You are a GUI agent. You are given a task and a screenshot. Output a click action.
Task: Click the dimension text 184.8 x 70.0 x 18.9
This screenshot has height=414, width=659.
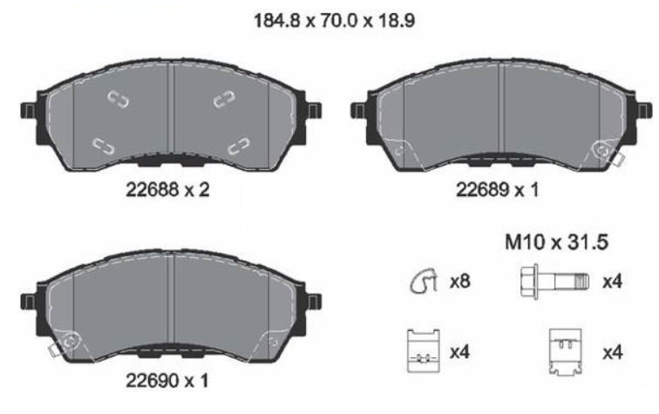pos(335,20)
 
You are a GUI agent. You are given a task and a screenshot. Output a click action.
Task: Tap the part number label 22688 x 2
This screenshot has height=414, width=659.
pos(167,190)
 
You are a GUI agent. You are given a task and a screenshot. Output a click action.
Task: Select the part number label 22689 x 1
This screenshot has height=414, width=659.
pos(497,190)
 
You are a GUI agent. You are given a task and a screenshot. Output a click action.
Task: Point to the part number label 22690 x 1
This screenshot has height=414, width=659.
pos(167,381)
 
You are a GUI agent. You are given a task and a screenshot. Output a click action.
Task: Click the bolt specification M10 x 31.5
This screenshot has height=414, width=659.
pos(556,242)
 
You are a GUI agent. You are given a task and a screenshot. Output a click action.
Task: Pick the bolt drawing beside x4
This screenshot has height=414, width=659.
pos(554,281)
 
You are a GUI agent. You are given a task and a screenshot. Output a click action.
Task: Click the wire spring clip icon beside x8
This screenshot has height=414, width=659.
pos(424,281)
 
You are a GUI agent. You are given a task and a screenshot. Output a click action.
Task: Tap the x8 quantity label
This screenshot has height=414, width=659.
pos(459,282)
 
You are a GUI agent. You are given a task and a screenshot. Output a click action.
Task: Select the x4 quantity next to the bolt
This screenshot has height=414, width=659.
pos(612,282)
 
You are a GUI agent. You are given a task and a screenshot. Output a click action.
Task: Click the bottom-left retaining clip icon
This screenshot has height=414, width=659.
pos(424,351)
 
